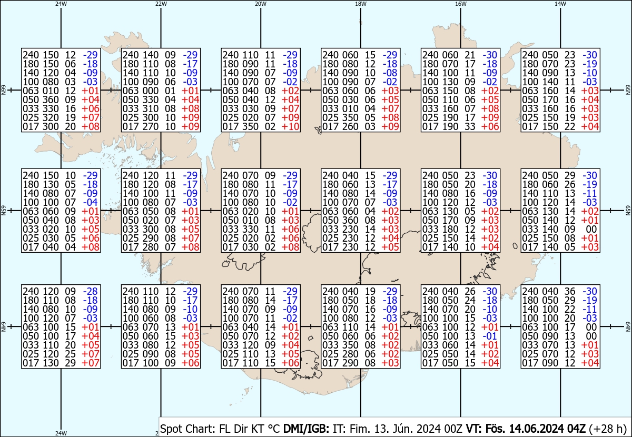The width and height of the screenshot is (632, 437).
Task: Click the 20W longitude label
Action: pyautogui.click(x=260, y=4)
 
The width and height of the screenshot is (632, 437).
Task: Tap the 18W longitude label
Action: pyautogui.click(x=361, y=4)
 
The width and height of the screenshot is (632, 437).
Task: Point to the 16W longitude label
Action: pyautogui.click(x=460, y=4)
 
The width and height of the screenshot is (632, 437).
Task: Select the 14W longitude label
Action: pyautogui.click(x=560, y=4)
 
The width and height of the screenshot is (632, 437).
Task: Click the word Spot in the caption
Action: pyautogui.click(x=173, y=429)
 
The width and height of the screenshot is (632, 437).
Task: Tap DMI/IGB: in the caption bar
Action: pyautogui.click(x=306, y=429)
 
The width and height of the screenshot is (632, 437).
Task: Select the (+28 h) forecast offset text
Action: pyautogui.click(x=608, y=429)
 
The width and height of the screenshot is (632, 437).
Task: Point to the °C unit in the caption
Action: pyautogui.click(x=274, y=429)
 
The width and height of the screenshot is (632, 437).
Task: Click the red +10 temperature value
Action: pyautogui.click(x=290, y=127)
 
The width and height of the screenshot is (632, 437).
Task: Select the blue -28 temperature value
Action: pyautogui.click(x=90, y=291)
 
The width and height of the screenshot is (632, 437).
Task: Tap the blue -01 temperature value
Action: pyautogui.click(x=490, y=336)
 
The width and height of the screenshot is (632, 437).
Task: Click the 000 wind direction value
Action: pyautogui.click(x=150, y=91)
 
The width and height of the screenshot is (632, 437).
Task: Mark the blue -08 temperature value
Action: pyautogui.click(x=390, y=73)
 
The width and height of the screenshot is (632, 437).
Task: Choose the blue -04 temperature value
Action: pyautogui.click(x=90, y=202)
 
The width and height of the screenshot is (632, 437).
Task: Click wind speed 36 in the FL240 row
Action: pyautogui.click(x=570, y=291)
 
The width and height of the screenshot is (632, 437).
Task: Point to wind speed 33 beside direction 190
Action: pyautogui.click(x=470, y=127)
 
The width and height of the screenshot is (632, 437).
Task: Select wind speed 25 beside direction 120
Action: pyautogui.click(x=70, y=354)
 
